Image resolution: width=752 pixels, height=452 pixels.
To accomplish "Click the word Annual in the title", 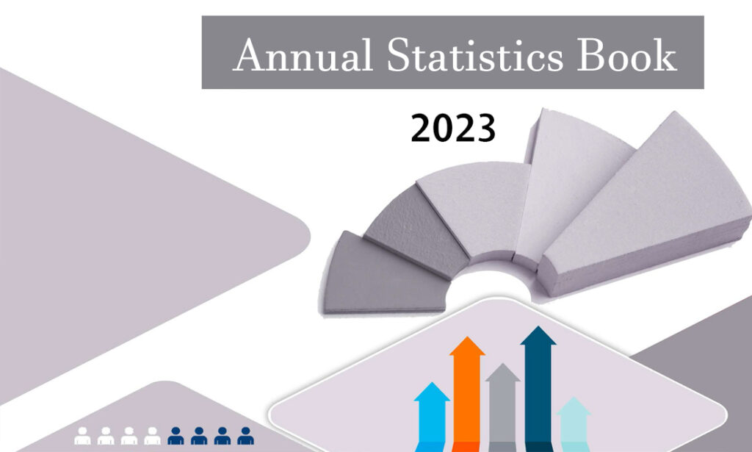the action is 303,54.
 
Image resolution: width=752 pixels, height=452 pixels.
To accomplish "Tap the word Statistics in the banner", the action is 475,54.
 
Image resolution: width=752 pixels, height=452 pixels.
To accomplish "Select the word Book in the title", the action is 627,54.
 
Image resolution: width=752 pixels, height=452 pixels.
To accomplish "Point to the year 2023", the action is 453,128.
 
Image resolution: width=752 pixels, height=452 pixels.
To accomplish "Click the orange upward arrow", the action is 466,393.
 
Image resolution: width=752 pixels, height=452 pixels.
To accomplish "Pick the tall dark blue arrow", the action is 538,389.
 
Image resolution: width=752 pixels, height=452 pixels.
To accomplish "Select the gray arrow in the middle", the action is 502,407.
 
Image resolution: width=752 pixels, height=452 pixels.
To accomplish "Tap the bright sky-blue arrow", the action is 432,417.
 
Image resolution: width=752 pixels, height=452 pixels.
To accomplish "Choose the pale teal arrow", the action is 574,424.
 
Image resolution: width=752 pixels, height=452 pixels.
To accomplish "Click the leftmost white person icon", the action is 82,436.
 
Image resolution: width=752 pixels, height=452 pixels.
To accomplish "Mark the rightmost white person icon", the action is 152,436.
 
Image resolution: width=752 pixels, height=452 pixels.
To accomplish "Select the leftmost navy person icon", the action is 176,436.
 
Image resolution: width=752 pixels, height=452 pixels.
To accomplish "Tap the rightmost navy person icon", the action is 245,436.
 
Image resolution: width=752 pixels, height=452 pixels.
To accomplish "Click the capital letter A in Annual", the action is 249,54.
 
